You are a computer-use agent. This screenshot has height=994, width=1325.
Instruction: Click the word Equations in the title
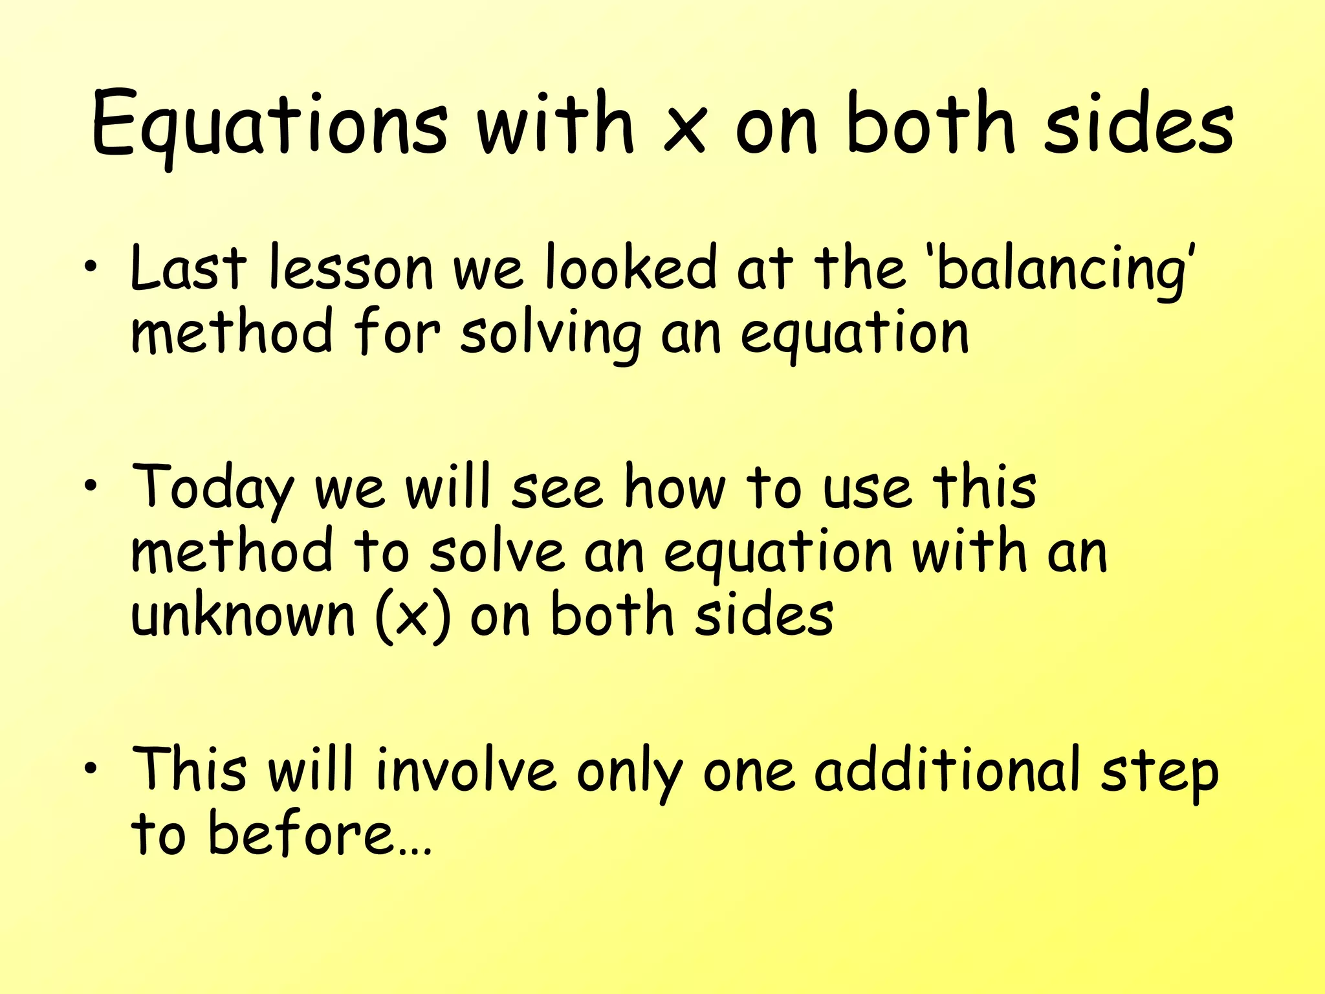pyautogui.click(x=268, y=124)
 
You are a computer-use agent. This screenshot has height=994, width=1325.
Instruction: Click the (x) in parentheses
pyautogui.click(x=412, y=616)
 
